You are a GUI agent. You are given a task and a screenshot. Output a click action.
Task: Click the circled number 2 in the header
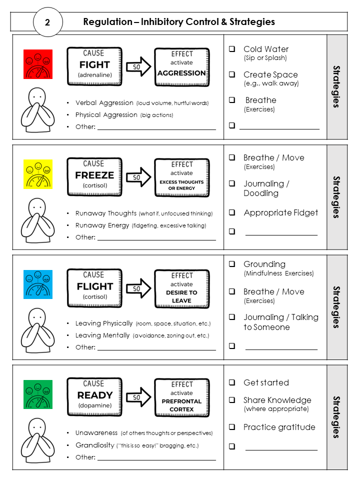[x=48, y=22]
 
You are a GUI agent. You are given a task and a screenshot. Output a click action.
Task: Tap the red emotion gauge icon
[x=38, y=63]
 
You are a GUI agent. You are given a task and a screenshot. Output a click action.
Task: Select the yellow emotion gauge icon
[x=38, y=174]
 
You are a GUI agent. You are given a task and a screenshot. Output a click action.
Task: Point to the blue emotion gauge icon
[x=38, y=284]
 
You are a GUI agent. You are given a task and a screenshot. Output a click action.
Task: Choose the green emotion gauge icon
[x=38, y=394]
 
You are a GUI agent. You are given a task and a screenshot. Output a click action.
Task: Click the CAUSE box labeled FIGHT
[x=94, y=66]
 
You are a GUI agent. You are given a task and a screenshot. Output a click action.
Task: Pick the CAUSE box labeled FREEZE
[x=94, y=177]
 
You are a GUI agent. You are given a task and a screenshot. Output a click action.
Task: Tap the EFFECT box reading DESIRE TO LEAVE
[x=181, y=288]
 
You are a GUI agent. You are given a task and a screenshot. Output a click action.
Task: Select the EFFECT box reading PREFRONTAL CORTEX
[x=181, y=398]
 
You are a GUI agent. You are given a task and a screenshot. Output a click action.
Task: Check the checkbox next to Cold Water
[x=232, y=49]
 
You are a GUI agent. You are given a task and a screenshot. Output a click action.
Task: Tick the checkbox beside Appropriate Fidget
[x=232, y=212]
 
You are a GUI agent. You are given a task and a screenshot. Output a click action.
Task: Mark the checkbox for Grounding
[x=232, y=264]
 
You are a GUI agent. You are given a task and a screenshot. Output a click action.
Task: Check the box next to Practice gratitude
[x=232, y=427]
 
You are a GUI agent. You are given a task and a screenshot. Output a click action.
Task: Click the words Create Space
[x=270, y=74]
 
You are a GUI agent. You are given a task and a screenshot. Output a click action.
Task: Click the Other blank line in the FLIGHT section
[x=156, y=347]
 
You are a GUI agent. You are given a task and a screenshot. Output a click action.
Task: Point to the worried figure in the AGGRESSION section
[x=37, y=110]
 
